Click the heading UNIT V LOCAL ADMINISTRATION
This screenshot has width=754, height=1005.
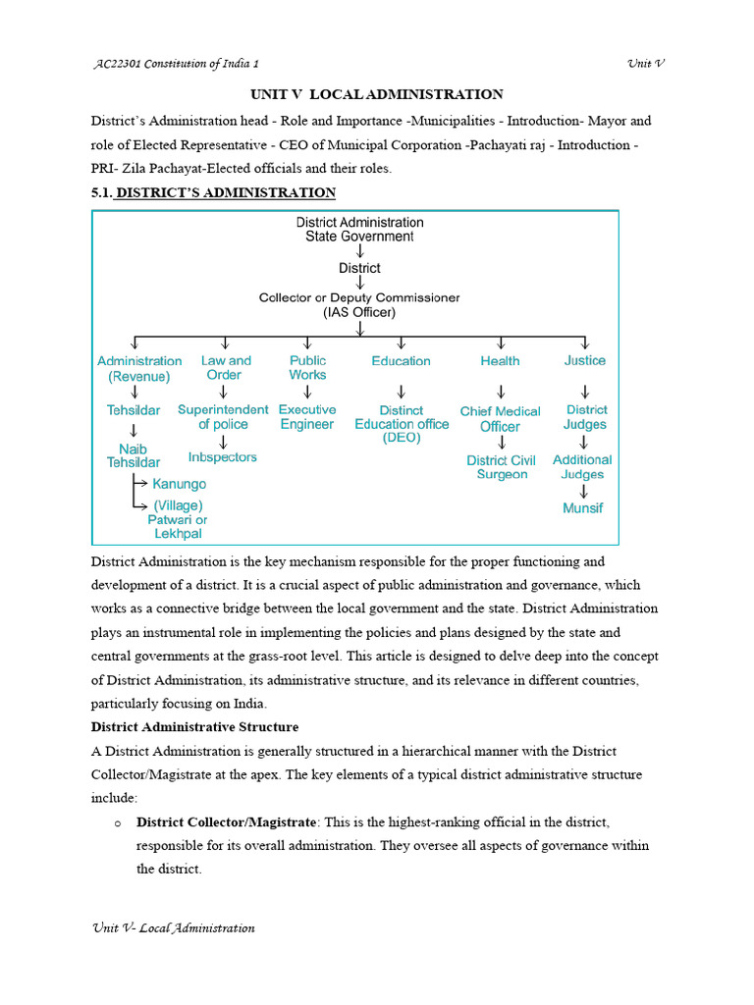(x=377, y=94)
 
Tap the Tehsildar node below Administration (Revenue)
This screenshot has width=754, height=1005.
(x=134, y=409)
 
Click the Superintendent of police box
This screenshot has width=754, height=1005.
(x=223, y=417)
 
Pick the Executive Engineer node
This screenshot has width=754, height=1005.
(x=307, y=417)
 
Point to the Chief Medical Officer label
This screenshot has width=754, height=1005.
(x=501, y=419)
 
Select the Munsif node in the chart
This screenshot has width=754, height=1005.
(x=583, y=508)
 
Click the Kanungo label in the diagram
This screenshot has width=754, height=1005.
(x=179, y=484)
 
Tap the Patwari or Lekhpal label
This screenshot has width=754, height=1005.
(x=178, y=527)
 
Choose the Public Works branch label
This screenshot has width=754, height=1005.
(x=307, y=368)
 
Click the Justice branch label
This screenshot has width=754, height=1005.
(x=584, y=361)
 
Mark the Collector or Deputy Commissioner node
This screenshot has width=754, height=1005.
(x=359, y=304)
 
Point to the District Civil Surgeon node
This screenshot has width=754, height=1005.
(x=502, y=467)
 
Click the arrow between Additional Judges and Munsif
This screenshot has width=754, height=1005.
(x=583, y=492)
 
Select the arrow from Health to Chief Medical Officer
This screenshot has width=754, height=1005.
(x=501, y=391)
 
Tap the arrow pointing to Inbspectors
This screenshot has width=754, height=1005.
(x=224, y=442)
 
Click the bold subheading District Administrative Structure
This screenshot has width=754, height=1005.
(x=194, y=727)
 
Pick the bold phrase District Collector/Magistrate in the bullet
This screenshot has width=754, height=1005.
(x=227, y=821)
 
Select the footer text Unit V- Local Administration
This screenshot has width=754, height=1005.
(x=173, y=928)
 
